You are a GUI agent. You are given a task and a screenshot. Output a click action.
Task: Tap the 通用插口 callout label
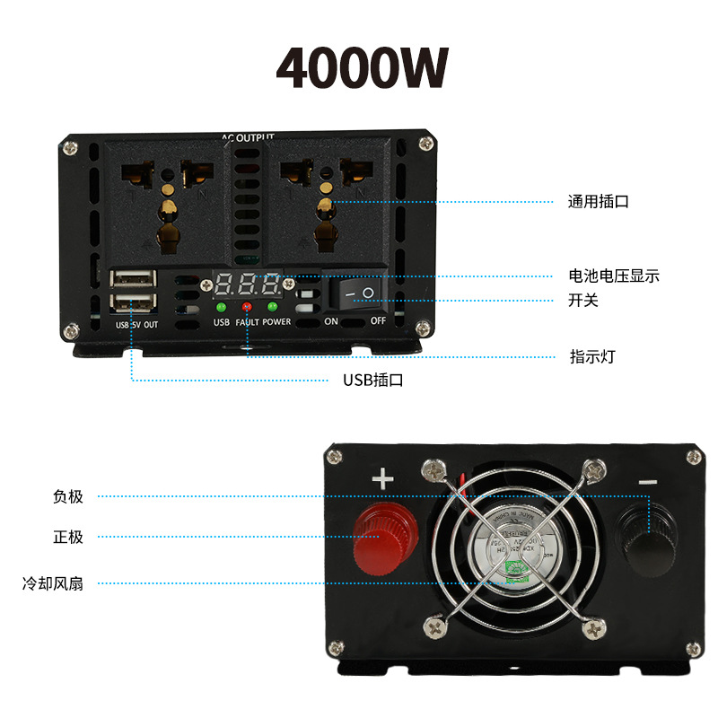click(x=598, y=201)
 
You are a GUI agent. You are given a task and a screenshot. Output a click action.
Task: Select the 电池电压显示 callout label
click(x=613, y=276)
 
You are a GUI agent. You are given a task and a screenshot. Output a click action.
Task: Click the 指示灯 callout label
click(x=592, y=356)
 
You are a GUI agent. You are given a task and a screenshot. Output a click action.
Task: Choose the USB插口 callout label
click(x=372, y=380)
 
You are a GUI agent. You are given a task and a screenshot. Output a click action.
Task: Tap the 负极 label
click(x=68, y=496)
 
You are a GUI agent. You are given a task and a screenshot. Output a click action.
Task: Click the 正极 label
click(x=68, y=537)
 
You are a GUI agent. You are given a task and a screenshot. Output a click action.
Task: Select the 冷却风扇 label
click(x=53, y=583)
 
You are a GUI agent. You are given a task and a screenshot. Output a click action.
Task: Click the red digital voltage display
click(x=245, y=286)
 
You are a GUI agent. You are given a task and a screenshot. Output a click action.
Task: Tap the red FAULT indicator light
click(x=246, y=308)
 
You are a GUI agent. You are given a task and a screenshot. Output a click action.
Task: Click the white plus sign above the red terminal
click(x=383, y=479)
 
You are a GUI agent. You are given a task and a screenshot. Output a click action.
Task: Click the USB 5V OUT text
click(x=136, y=324)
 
